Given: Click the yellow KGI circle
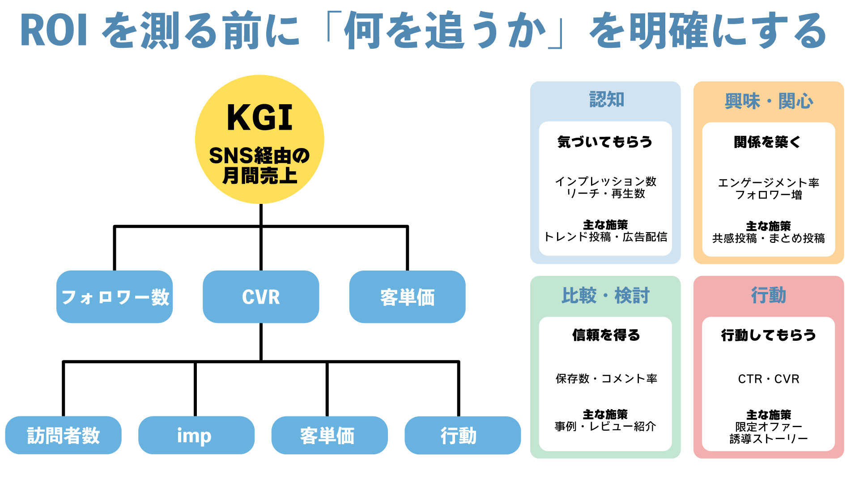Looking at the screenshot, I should pyautogui.click(x=259, y=139).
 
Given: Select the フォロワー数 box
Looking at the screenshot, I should pyautogui.click(x=115, y=297).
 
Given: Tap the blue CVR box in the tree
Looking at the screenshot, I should pyautogui.click(x=261, y=297).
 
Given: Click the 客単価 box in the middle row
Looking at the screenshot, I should pyautogui.click(x=407, y=297).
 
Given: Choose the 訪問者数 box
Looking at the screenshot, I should pyautogui.click(x=63, y=435).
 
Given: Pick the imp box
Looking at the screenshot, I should pyautogui.click(x=196, y=435).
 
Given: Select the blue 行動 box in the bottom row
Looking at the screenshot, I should pyautogui.click(x=462, y=435).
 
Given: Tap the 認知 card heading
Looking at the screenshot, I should pyautogui.click(x=606, y=99).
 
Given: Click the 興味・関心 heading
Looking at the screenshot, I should pyautogui.click(x=769, y=101).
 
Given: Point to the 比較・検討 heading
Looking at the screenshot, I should pyautogui.click(x=605, y=295).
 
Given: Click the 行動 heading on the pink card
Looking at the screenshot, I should pyautogui.click(x=768, y=295).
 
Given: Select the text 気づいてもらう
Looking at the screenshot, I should pyautogui.click(x=605, y=142).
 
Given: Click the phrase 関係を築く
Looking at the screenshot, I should pyautogui.click(x=768, y=142).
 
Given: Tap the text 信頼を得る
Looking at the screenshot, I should pyautogui.click(x=606, y=335).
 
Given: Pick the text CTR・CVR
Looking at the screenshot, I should pyautogui.click(x=768, y=379).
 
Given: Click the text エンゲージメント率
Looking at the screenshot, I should pyautogui.click(x=768, y=182).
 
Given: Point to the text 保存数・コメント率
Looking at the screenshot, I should pyautogui.click(x=606, y=379).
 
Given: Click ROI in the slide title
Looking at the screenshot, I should pyautogui.click(x=54, y=30).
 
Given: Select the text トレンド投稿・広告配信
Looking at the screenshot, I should pyautogui.click(x=605, y=237).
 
